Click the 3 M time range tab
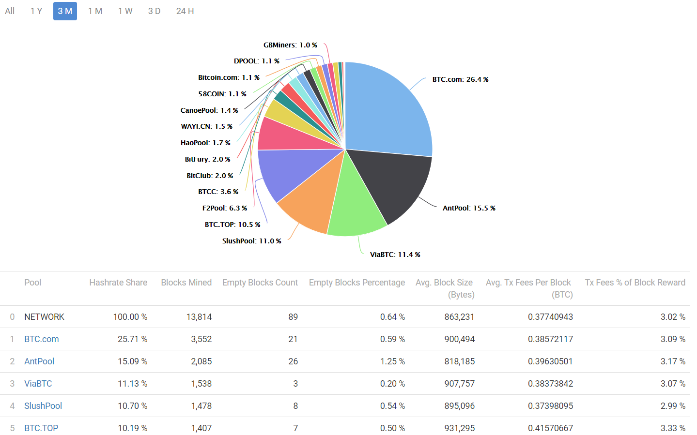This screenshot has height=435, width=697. click(x=65, y=11)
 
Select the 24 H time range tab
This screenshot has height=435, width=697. click(x=185, y=11)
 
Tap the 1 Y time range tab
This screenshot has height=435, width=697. click(x=36, y=11)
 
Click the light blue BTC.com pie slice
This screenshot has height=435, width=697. click(x=387, y=111)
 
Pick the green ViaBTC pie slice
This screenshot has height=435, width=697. click(x=356, y=208)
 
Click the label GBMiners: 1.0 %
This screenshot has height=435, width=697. click(x=290, y=45)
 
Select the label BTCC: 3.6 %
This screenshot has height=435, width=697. click(x=218, y=192)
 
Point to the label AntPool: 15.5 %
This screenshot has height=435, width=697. click(x=469, y=208)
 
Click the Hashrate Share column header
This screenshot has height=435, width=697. click(x=118, y=283)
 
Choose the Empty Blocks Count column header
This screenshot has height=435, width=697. click(x=260, y=283)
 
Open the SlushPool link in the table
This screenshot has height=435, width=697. click(x=43, y=406)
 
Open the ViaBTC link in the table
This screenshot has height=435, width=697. click(x=38, y=384)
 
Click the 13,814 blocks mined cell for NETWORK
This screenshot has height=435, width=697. click(x=199, y=317)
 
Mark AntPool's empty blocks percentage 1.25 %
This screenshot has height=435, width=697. click(x=392, y=361)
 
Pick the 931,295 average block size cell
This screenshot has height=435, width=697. click(x=459, y=428)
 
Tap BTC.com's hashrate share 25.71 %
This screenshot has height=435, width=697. click(x=132, y=339)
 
